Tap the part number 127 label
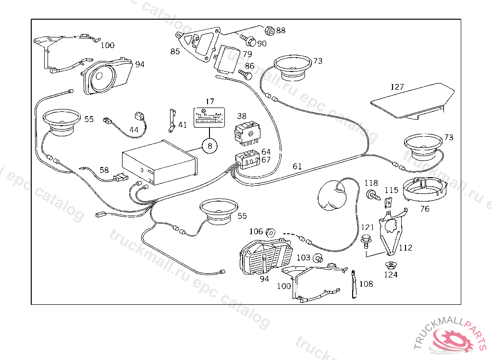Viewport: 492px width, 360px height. [397, 87]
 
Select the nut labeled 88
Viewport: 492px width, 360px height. [270, 31]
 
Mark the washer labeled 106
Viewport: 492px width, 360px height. [271, 233]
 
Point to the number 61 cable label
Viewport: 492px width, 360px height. [297, 167]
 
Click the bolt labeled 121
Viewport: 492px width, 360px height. [366, 240]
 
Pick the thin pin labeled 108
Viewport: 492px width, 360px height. [355, 284]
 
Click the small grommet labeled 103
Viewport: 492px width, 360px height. [317, 259]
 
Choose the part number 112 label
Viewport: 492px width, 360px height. [406, 248]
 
